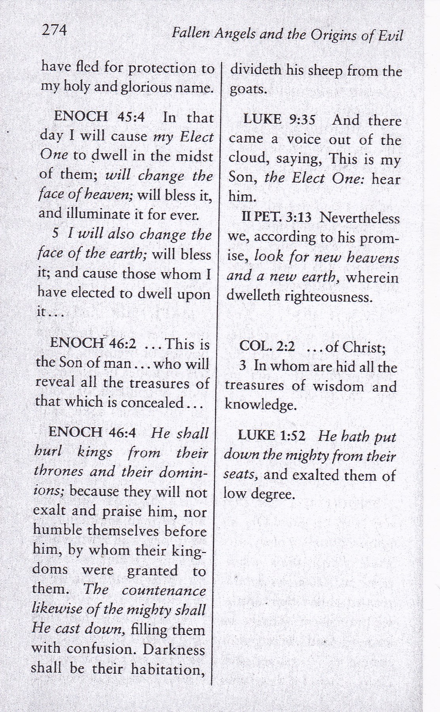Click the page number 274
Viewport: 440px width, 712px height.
point(54,30)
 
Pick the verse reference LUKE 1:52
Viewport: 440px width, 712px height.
point(271,436)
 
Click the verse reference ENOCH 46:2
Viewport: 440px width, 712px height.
point(93,343)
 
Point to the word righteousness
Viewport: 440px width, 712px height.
point(327,297)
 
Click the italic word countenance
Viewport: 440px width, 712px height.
point(163,591)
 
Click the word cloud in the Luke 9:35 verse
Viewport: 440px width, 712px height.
point(247,159)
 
